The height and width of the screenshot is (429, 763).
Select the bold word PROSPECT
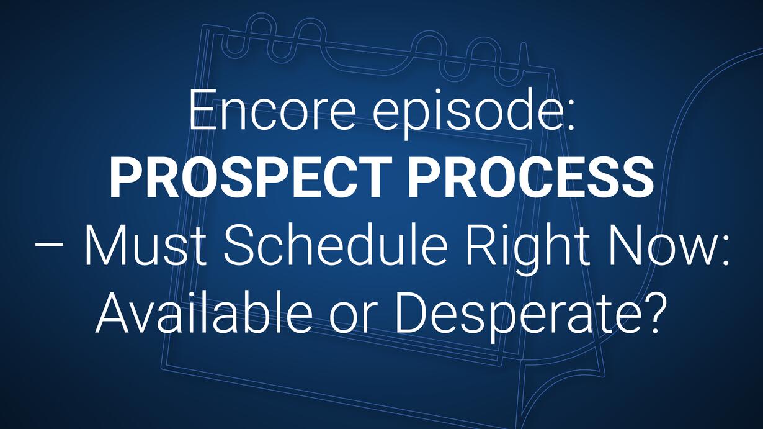[251, 178]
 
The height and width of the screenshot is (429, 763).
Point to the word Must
[145, 244]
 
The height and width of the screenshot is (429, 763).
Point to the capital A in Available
[114, 312]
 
